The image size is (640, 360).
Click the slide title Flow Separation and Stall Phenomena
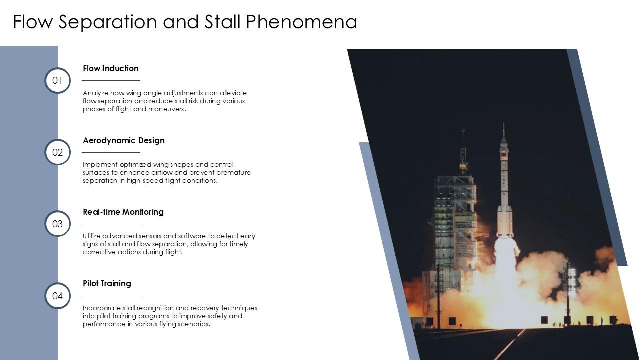[185, 22]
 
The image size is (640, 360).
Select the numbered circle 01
[57, 80]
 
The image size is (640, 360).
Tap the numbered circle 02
[57, 152]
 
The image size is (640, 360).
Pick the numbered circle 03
[57, 224]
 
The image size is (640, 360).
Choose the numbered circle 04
[57, 296]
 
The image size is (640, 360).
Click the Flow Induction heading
[111, 68]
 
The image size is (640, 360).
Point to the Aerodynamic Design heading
[124, 140]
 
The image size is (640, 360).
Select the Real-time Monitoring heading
[123, 212]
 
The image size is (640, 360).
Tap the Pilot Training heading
[107, 283]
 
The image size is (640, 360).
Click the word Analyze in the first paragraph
[94, 93]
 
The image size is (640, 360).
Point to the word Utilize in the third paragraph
[92, 236]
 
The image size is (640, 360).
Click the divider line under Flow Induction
[111, 80]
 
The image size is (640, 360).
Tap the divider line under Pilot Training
[111, 296]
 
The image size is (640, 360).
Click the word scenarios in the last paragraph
[194, 324]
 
